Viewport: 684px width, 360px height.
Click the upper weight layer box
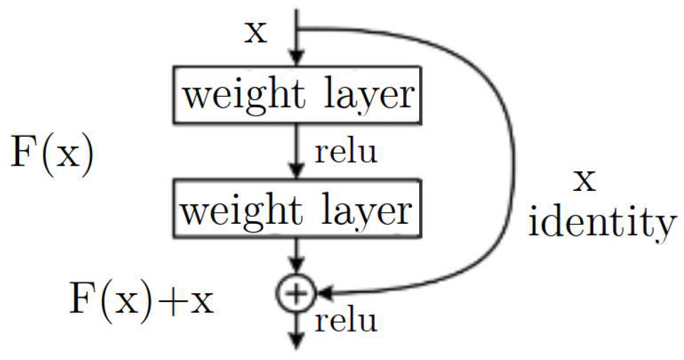click(297, 95)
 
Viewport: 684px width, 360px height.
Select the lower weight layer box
click(297, 210)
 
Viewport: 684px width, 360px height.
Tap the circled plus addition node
click(296, 294)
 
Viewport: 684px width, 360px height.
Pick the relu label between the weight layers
click(346, 153)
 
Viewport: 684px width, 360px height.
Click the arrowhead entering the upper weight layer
click(296, 58)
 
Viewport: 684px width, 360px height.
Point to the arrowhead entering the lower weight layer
click(296, 172)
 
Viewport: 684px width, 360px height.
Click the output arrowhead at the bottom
click(296, 342)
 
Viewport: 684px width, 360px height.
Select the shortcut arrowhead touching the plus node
click(325, 294)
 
